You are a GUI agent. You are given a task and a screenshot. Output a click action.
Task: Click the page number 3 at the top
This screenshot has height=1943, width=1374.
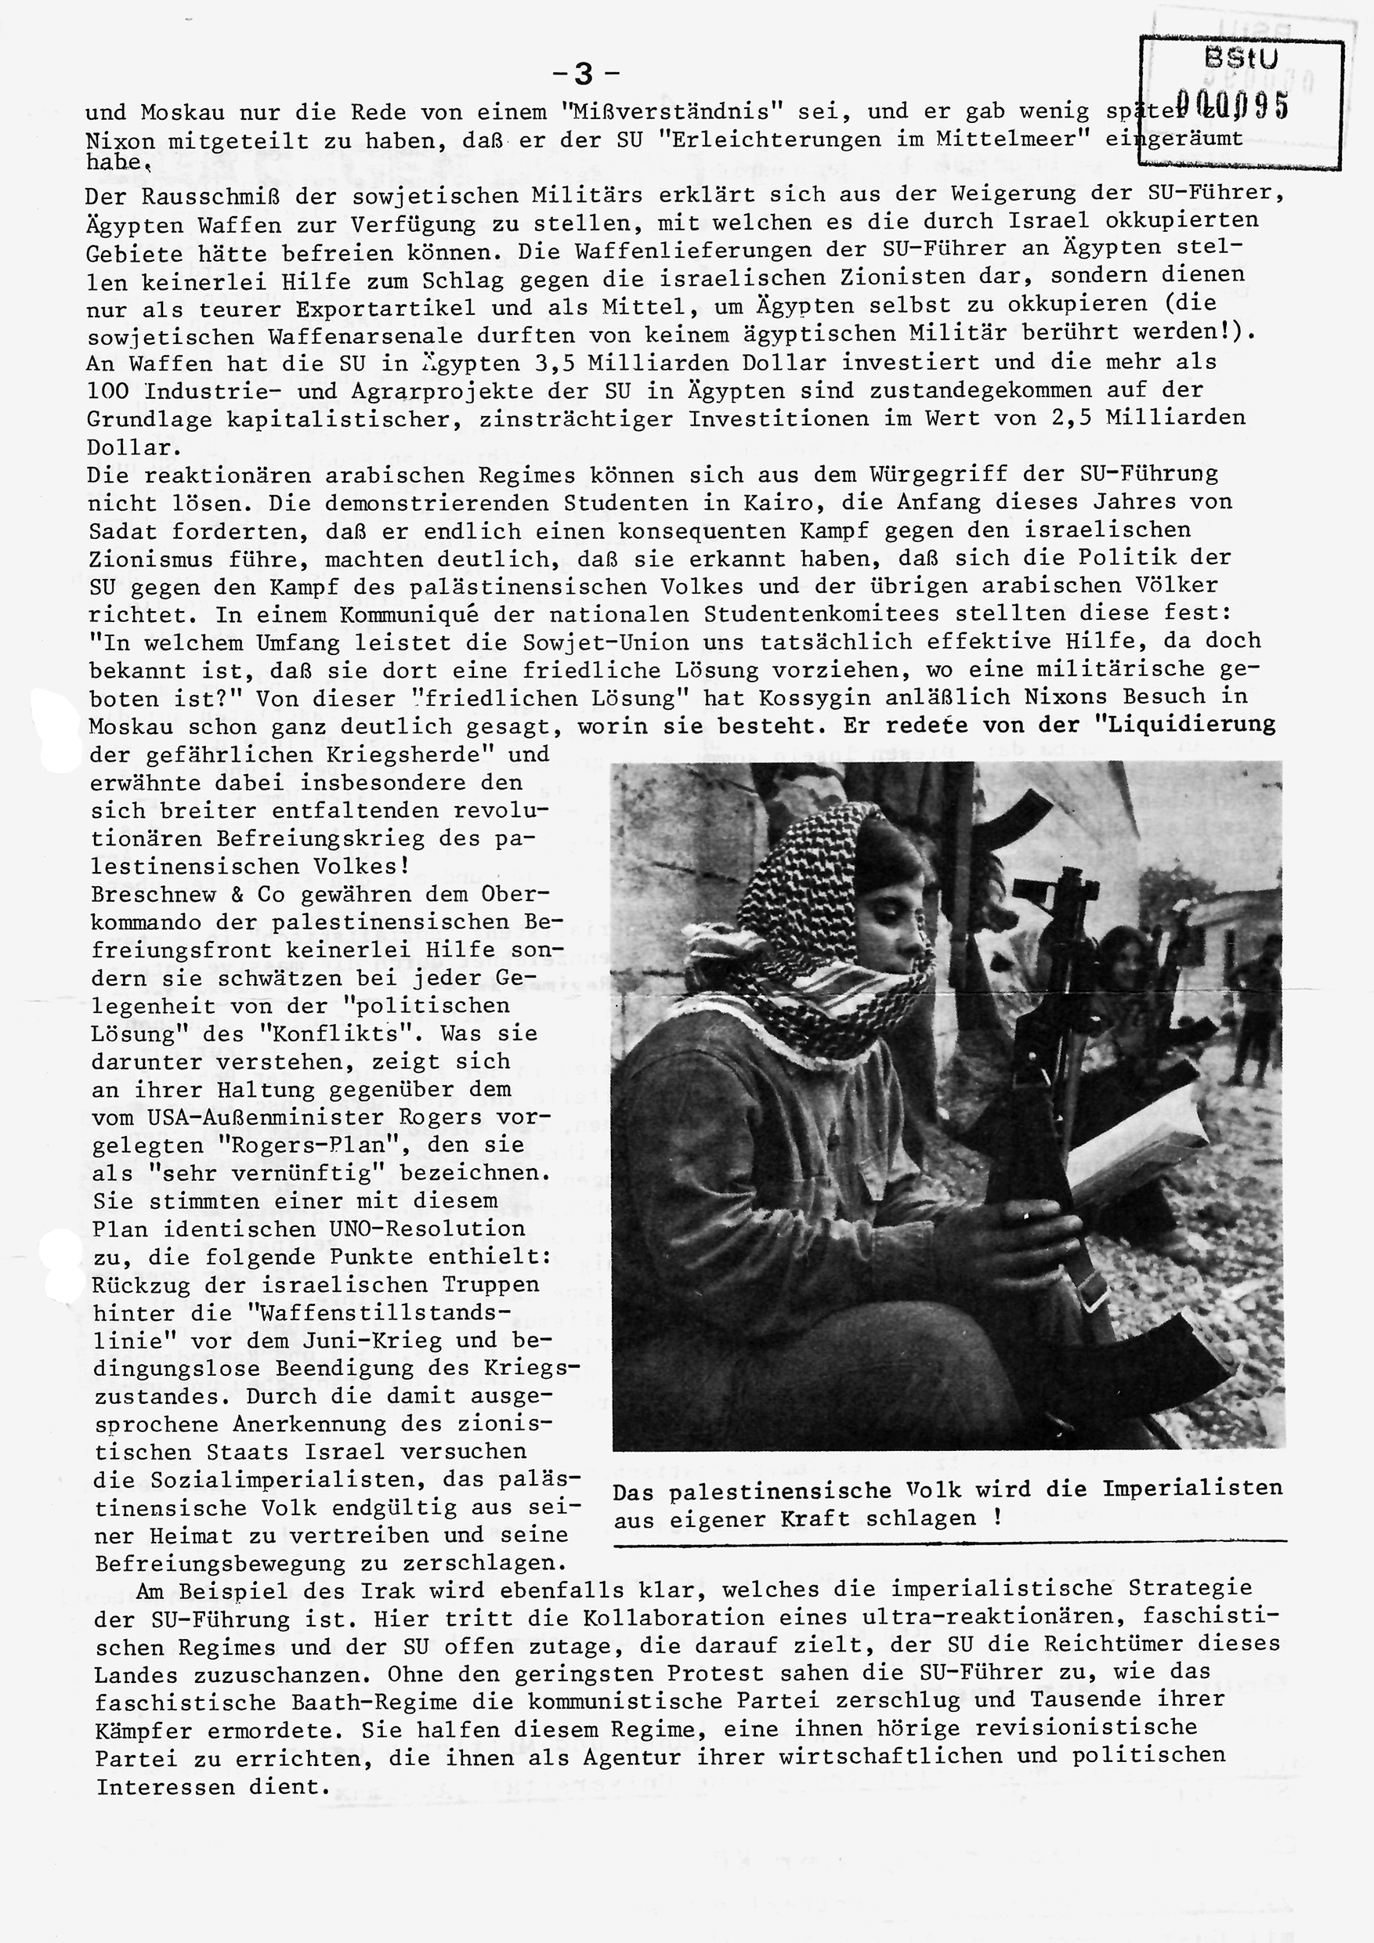click(584, 75)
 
